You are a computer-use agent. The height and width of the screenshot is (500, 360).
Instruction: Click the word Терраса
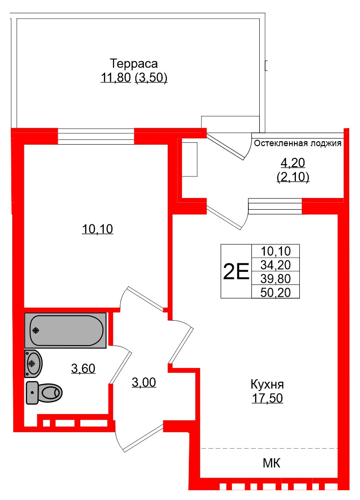134,64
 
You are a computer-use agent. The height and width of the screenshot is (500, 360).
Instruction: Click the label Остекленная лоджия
297,144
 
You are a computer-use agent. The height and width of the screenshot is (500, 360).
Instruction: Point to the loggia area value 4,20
292,162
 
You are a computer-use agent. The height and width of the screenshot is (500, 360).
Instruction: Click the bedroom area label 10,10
97,229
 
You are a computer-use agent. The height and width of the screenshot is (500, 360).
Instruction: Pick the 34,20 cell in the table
276,265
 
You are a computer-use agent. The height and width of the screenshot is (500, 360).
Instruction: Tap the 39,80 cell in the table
276,279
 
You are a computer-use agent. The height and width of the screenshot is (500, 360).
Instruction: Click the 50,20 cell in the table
276,292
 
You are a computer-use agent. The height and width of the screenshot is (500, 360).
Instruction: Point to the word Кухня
268,384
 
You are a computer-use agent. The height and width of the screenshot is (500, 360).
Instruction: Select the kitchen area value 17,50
268,398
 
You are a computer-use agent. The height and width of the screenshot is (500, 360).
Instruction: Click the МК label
271,463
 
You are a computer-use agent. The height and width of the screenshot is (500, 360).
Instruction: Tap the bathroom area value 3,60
83,369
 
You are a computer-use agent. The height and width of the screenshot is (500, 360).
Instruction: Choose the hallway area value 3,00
144,383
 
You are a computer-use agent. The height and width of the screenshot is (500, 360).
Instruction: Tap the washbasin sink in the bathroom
33,364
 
